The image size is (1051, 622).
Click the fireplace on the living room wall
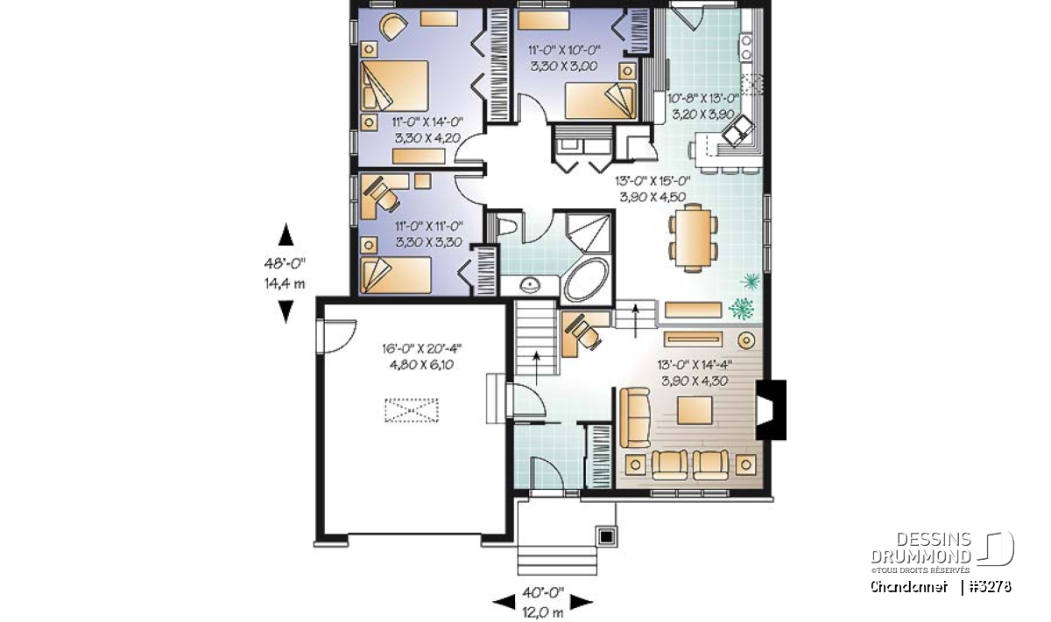click(x=771, y=409)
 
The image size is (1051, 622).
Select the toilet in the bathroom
click(x=507, y=227)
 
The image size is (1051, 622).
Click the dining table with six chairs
click(x=693, y=238)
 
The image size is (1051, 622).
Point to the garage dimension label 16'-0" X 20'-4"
click(x=422, y=349)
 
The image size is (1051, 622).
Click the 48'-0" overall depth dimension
click(x=285, y=263)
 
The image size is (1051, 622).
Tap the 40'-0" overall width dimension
click(x=543, y=592)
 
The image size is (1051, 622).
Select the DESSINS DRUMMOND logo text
click(x=921, y=548)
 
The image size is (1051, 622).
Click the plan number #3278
click(x=991, y=587)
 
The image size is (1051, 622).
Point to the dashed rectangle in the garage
click(x=412, y=410)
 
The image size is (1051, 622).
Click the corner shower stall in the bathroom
click(x=589, y=234)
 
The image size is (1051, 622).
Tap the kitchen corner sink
click(x=738, y=129)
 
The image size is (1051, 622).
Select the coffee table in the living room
click(x=695, y=410)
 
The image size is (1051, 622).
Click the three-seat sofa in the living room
click(x=634, y=416)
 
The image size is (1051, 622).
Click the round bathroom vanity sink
click(x=529, y=284)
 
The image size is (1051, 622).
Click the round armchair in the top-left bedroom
click(x=393, y=27)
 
